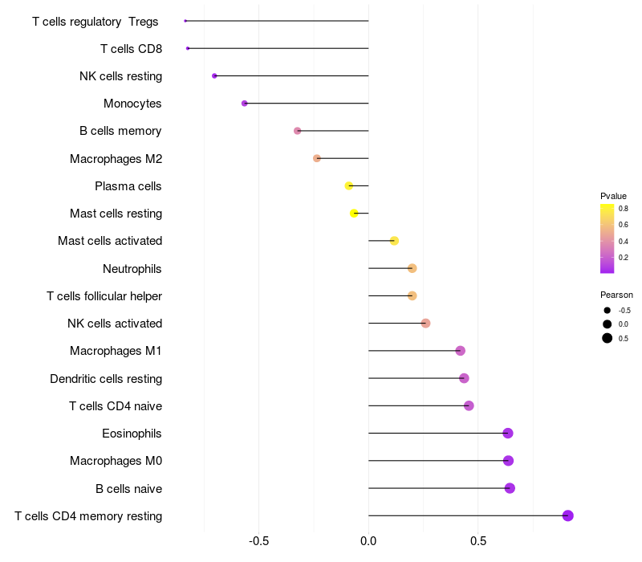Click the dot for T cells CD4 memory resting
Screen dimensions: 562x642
pyautogui.click(x=568, y=515)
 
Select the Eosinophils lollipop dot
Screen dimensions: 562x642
pyautogui.click(x=508, y=434)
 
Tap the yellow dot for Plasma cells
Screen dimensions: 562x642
pyautogui.click(x=349, y=186)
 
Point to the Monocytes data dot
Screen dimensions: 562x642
pyautogui.click(x=245, y=104)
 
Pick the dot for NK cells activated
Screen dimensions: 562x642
pyautogui.click(x=426, y=324)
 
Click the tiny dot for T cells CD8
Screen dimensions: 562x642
pyautogui.click(x=188, y=48)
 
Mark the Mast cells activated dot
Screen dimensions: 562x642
pyautogui.click(x=394, y=241)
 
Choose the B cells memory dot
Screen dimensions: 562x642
pyautogui.click(x=298, y=131)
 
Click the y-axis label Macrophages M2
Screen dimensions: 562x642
pyautogui.click(x=116, y=159)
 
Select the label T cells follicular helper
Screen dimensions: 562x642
pyautogui.click(x=104, y=296)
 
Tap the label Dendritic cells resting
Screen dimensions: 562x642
pyautogui.click(x=106, y=379)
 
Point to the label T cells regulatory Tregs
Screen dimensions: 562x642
pyautogui.click(x=95, y=22)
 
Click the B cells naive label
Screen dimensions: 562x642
pyautogui.click(x=128, y=488)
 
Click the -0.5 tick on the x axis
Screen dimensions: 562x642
pyautogui.click(x=258, y=541)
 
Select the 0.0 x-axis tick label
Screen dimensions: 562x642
pyautogui.click(x=368, y=541)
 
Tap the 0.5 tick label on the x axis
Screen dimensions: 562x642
pyautogui.click(x=477, y=541)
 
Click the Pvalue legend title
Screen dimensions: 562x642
pyautogui.click(x=613, y=196)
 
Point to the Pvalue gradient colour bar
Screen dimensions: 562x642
pyautogui.click(x=607, y=238)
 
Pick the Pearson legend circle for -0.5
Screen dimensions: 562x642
pyautogui.click(x=607, y=310)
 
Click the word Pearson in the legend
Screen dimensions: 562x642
pyautogui.click(x=616, y=295)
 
